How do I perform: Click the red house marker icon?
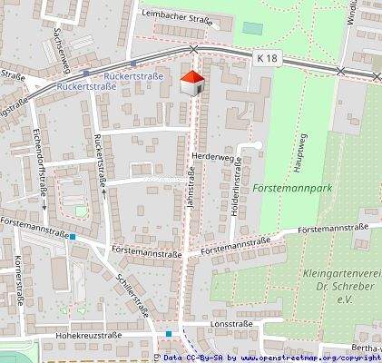point(191,83)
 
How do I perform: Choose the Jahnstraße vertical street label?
point(191,191)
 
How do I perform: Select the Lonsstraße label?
point(230,323)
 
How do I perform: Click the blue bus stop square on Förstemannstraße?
point(73,238)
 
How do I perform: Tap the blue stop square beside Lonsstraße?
point(169,334)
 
